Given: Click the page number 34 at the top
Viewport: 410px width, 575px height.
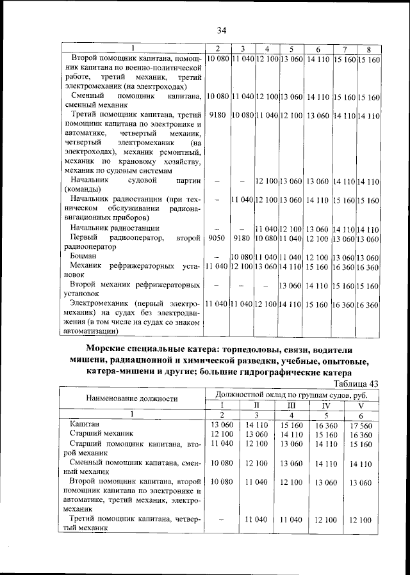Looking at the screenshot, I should click(x=222, y=30).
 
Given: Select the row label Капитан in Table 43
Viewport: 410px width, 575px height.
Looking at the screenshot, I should click(x=85, y=424).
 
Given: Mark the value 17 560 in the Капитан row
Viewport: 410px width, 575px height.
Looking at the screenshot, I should click(x=359, y=424).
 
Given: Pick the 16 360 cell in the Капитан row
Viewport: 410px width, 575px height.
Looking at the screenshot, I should click(x=325, y=424).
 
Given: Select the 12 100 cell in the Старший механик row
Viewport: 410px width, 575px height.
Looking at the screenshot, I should click(x=218, y=434).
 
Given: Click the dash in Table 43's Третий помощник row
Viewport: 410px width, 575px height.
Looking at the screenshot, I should click(x=220, y=521).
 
